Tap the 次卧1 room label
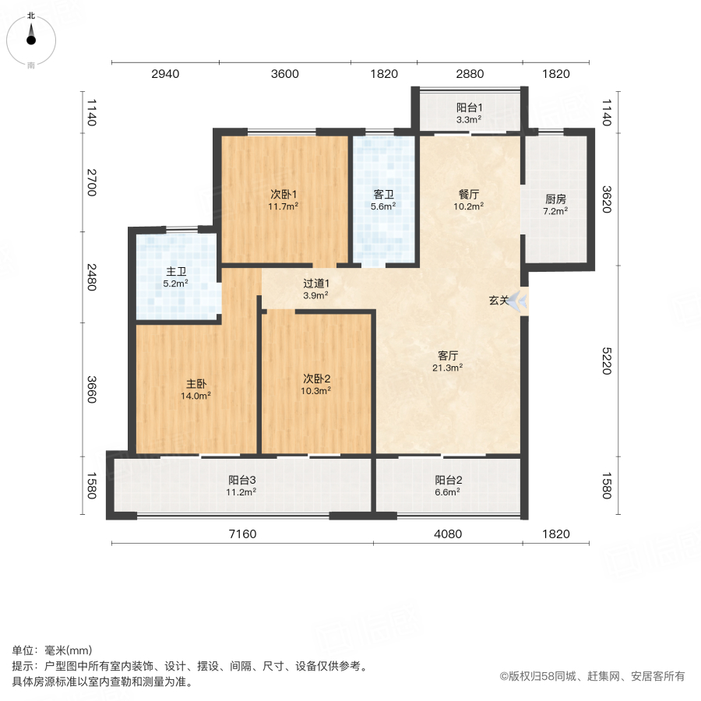pyautogui.click(x=284, y=194)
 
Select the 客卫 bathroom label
pyautogui.click(x=383, y=194)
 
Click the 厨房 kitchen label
pyautogui.click(x=555, y=198)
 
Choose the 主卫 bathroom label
pyautogui.click(x=176, y=272)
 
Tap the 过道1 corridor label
pyautogui.click(x=315, y=284)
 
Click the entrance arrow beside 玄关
pyautogui.click(x=516, y=300)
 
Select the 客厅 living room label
pyautogui.click(x=449, y=355)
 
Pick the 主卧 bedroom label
pyautogui.click(x=196, y=383)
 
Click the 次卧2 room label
pyautogui.click(x=317, y=378)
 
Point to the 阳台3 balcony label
pyautogui.click(x=242, y=480)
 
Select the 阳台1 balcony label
pyautogui.click(x=470, y=107)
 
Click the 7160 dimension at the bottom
pyautogui.click(x=242, y=534)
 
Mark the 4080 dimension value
pyautogui.click(x=448, y=534)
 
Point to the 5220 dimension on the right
pyautogui.click(x=608, y=361)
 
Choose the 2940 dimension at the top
pyautogui.click(x=165, y=74)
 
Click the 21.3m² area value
pyautogui.click(x=449, y=368)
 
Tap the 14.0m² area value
pyautogui.click(x=196, y=396)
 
